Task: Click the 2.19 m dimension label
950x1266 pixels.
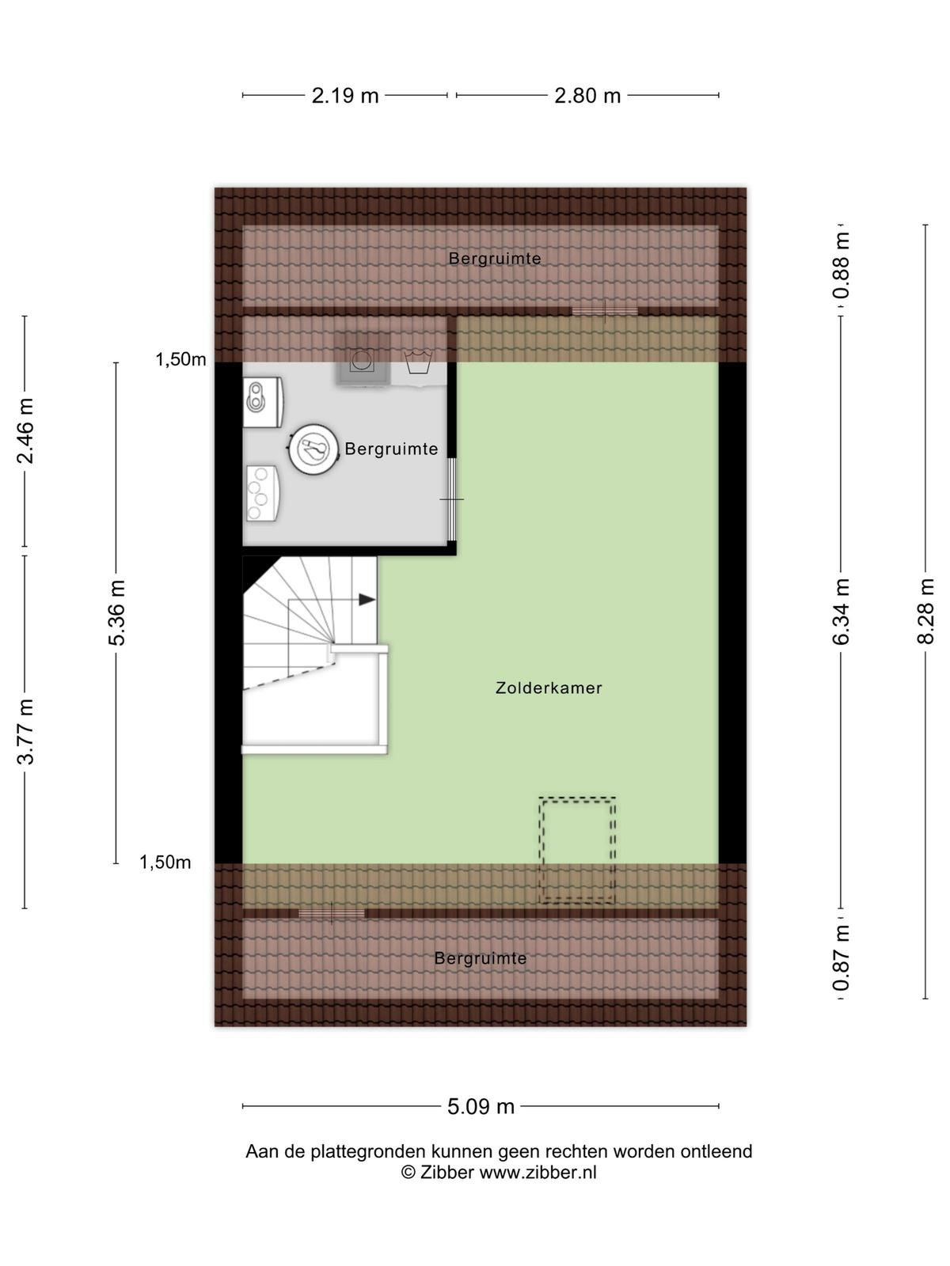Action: [345, 95]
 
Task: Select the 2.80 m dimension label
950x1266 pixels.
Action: [587, 95]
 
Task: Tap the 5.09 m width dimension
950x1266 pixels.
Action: [481, 1106]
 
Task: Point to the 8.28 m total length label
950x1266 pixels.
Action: [925, 611]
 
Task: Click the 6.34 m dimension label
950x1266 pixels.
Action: [842, 611]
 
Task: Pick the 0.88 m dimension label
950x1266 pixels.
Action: [842, 265]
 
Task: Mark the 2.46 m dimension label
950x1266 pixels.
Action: [25, 431]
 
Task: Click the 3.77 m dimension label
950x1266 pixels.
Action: [25, 732]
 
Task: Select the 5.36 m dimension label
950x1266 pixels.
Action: [116, 612]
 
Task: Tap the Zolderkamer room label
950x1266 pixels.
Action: [549, 688]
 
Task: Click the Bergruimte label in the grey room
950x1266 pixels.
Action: [391, 449]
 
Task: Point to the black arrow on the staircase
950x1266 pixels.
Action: [367, 600]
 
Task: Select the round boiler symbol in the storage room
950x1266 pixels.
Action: [313, 449]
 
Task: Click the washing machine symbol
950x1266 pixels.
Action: [363, 359]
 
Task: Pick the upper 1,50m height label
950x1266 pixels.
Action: [180, 360]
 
